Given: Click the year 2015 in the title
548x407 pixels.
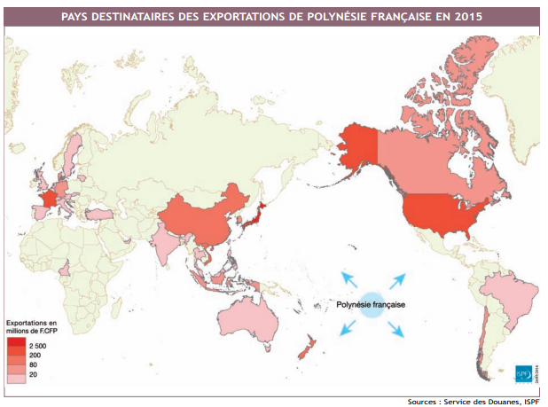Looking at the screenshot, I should tap(469, 16).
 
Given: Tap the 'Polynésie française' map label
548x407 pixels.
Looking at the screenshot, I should tap(371, 304).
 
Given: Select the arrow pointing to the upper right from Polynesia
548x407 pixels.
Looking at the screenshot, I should tap(398, 278).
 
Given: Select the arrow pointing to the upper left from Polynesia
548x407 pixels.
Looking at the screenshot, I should tap(348, 278).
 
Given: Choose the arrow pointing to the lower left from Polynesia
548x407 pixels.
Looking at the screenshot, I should tap(347, 329).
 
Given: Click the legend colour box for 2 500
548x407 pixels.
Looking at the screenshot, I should tap(17, 344).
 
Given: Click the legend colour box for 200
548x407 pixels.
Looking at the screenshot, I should tap(17, 355).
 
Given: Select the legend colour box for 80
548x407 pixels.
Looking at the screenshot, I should tap(17, 365).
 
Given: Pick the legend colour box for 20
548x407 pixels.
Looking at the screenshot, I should tap(17, 376).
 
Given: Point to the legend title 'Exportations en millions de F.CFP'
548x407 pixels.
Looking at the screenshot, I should tap(32, 326).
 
